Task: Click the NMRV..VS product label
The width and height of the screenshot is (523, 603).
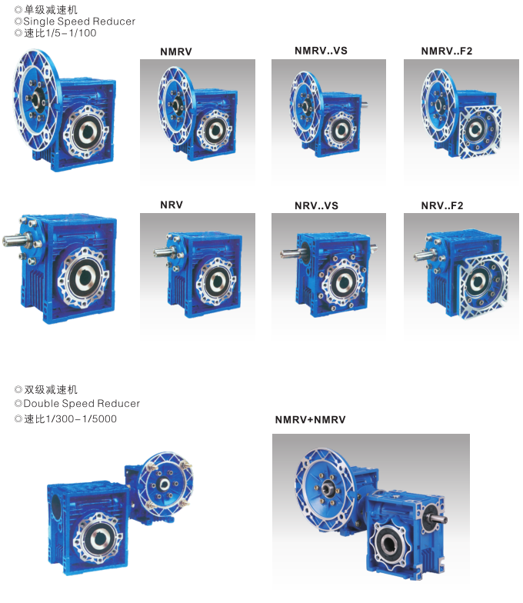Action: tap(321, 51)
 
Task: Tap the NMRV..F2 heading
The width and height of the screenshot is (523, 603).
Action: tap(446, 51)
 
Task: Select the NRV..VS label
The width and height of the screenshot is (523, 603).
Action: tap(317, 206)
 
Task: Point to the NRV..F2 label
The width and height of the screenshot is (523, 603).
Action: tap(441, 206)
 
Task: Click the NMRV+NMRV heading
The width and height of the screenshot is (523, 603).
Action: tap(311, 420)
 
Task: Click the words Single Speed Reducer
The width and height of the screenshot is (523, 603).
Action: tap(79, 22)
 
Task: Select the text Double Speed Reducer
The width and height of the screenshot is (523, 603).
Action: tap(82, 403)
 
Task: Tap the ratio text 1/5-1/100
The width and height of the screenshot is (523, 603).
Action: tap(71, 33)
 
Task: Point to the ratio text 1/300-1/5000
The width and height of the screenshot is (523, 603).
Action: tap(82, 418)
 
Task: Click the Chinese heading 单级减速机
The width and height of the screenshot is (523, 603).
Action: tap(51, 9)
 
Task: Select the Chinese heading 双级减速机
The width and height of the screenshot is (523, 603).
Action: tap(51, 390)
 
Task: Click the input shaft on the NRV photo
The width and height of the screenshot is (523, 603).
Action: tap(163, 252)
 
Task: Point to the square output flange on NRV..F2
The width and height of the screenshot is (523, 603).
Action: tap(484, 285)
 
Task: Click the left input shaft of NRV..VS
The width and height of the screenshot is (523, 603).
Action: tap(291, 254)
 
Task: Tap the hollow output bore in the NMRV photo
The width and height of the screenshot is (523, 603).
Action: tap(215, 131)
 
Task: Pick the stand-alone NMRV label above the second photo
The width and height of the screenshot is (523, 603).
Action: tap(175, 52)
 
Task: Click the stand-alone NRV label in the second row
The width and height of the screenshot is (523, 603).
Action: tap(172, 205)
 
